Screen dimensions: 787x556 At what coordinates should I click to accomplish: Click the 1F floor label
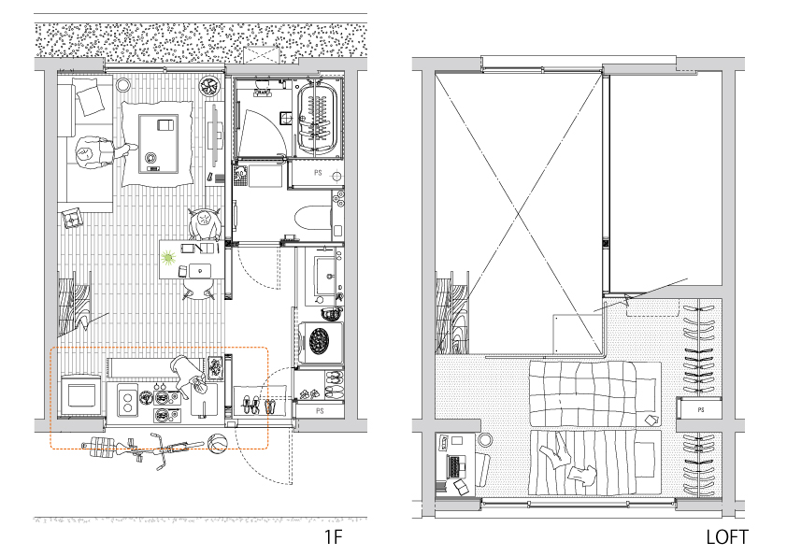point(333,537)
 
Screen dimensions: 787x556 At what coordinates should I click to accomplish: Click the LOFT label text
point(727,537)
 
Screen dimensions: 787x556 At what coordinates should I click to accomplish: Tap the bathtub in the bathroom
point(317,118)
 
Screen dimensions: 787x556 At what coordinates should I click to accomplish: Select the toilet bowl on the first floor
point(312,219)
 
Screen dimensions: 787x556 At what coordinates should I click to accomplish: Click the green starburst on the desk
point(167,258)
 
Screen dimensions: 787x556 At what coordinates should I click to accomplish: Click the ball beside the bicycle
point(217,444)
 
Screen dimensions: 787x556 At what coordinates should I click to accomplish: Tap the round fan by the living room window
point(208,86)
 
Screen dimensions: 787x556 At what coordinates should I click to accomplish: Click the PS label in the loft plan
point(701,410)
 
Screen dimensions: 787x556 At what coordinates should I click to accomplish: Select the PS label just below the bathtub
point(318,173)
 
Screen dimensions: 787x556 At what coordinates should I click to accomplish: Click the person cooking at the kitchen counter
point(191,377)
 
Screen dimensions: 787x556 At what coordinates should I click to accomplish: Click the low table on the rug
point(158,144)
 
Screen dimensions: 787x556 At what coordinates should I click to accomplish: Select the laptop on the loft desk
point(456,466)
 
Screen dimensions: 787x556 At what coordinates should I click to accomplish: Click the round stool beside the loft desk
point(485,440)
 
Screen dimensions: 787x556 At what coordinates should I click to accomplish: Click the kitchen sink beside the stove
point(127,400)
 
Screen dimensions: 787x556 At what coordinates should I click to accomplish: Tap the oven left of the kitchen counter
point(79,395)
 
